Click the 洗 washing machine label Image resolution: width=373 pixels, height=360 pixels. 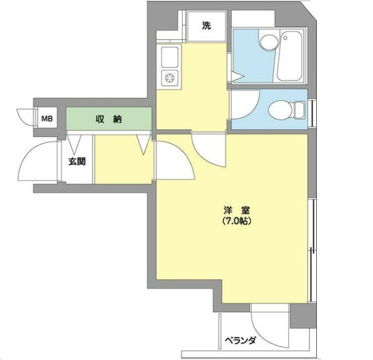click(x=206, y=26)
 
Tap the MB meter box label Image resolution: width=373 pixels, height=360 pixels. click(x=47, y=118)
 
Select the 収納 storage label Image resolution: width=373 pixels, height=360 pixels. click(x=109, y=119)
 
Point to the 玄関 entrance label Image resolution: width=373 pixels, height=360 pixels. click(x=77, y=162)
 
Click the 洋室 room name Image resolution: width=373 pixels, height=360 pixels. click(x=237, y=211)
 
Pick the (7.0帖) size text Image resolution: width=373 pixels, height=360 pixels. click(x=237, y=221)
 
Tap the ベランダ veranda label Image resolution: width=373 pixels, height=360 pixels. click(x=241, y=340)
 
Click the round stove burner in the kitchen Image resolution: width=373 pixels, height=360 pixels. click(x=170, y=77)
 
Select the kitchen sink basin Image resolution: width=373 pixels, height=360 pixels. click(x=170, y=57)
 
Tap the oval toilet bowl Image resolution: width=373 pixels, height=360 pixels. click(x=280, y=110)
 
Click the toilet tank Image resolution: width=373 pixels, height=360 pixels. click(x=300, y=110)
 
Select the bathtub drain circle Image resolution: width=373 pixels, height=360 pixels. click(x=285, y=38)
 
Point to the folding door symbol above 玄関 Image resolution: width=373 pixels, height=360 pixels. click(x=74, y=144)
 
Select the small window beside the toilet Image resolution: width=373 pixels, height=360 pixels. click(x=313, y=113)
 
